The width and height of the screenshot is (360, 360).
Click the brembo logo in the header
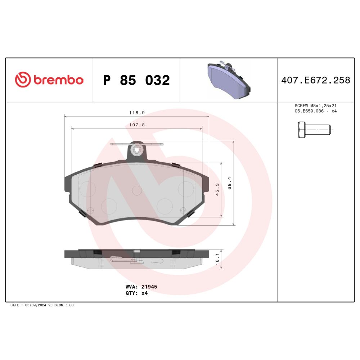pyautogui.click(x=49, y=80)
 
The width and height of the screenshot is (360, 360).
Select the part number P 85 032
pyautogui.click(x=136, y=80)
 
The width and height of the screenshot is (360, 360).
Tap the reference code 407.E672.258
pyautogui.click(x=316, y=80)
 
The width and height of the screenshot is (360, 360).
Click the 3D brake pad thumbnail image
pyautogui.click(x=229, y=80)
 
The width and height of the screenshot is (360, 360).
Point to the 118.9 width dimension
pyautogui.click(x=137, y=113)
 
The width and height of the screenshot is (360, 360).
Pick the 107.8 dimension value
pyautogui.click(x=137, y=125)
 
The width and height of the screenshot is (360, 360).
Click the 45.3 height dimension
pyautogui.click(x=217, y=189)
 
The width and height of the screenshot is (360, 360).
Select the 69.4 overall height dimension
pyautogui.click(x=229, y=183)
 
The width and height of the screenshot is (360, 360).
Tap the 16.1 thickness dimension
pyautogui.click(x=217, y=259)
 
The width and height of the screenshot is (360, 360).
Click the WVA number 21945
pyautogui.click(x=149, y=287)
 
